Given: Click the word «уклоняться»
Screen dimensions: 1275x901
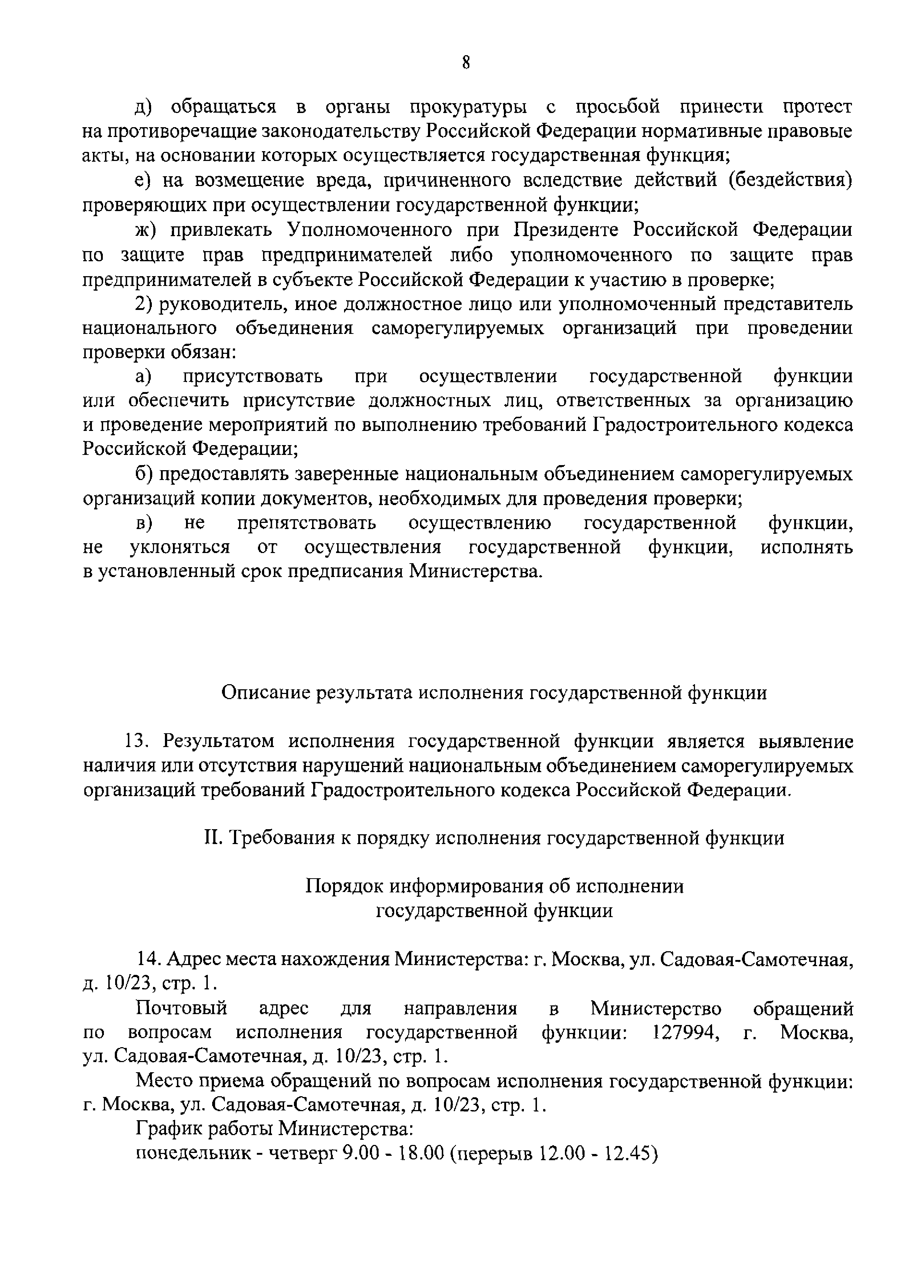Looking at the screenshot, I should pos(179,548).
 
